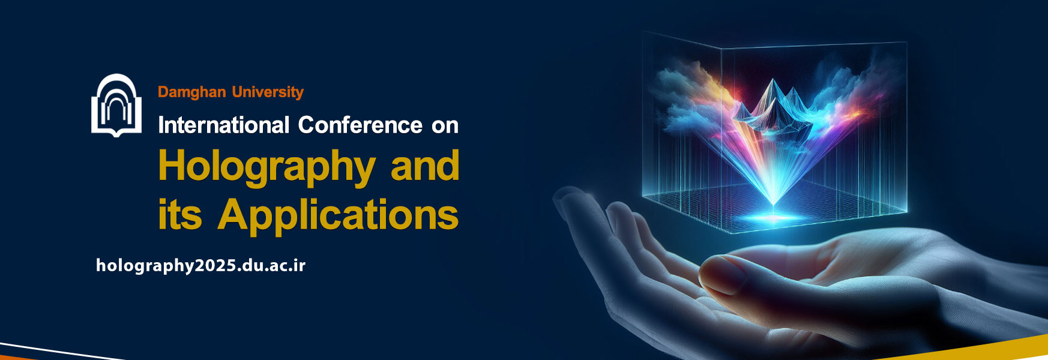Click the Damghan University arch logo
click(x=116, y=106)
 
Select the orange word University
click(x=268, y=92)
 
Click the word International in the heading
click(x=224, y=125)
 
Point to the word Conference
click(x=360, y=125)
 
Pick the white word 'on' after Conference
click(x=445, y=127)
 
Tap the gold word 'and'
click(x=425, y=166)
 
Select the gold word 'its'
click(x=180, y=214)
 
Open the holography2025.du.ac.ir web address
click(x=201, y=266)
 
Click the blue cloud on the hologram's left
click(x=690, y=96)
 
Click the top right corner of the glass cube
click(x=906, y=42)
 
